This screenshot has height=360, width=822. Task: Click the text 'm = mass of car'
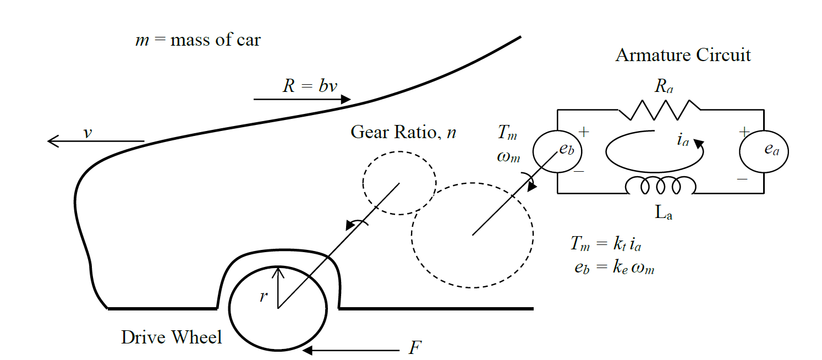coord(198,40)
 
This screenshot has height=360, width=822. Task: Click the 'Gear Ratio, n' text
coord(403,133)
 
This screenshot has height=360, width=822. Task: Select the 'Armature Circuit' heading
coord(683,55)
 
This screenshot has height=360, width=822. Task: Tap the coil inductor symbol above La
coord(661,186)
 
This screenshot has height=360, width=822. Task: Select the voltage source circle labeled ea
coord(764,151)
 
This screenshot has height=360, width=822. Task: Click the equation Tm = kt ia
coord(611,244)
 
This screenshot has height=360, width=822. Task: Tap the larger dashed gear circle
coord(472,236)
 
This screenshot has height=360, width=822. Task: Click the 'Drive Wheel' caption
coord(172,337)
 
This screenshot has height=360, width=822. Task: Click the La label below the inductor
coord(664,214)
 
